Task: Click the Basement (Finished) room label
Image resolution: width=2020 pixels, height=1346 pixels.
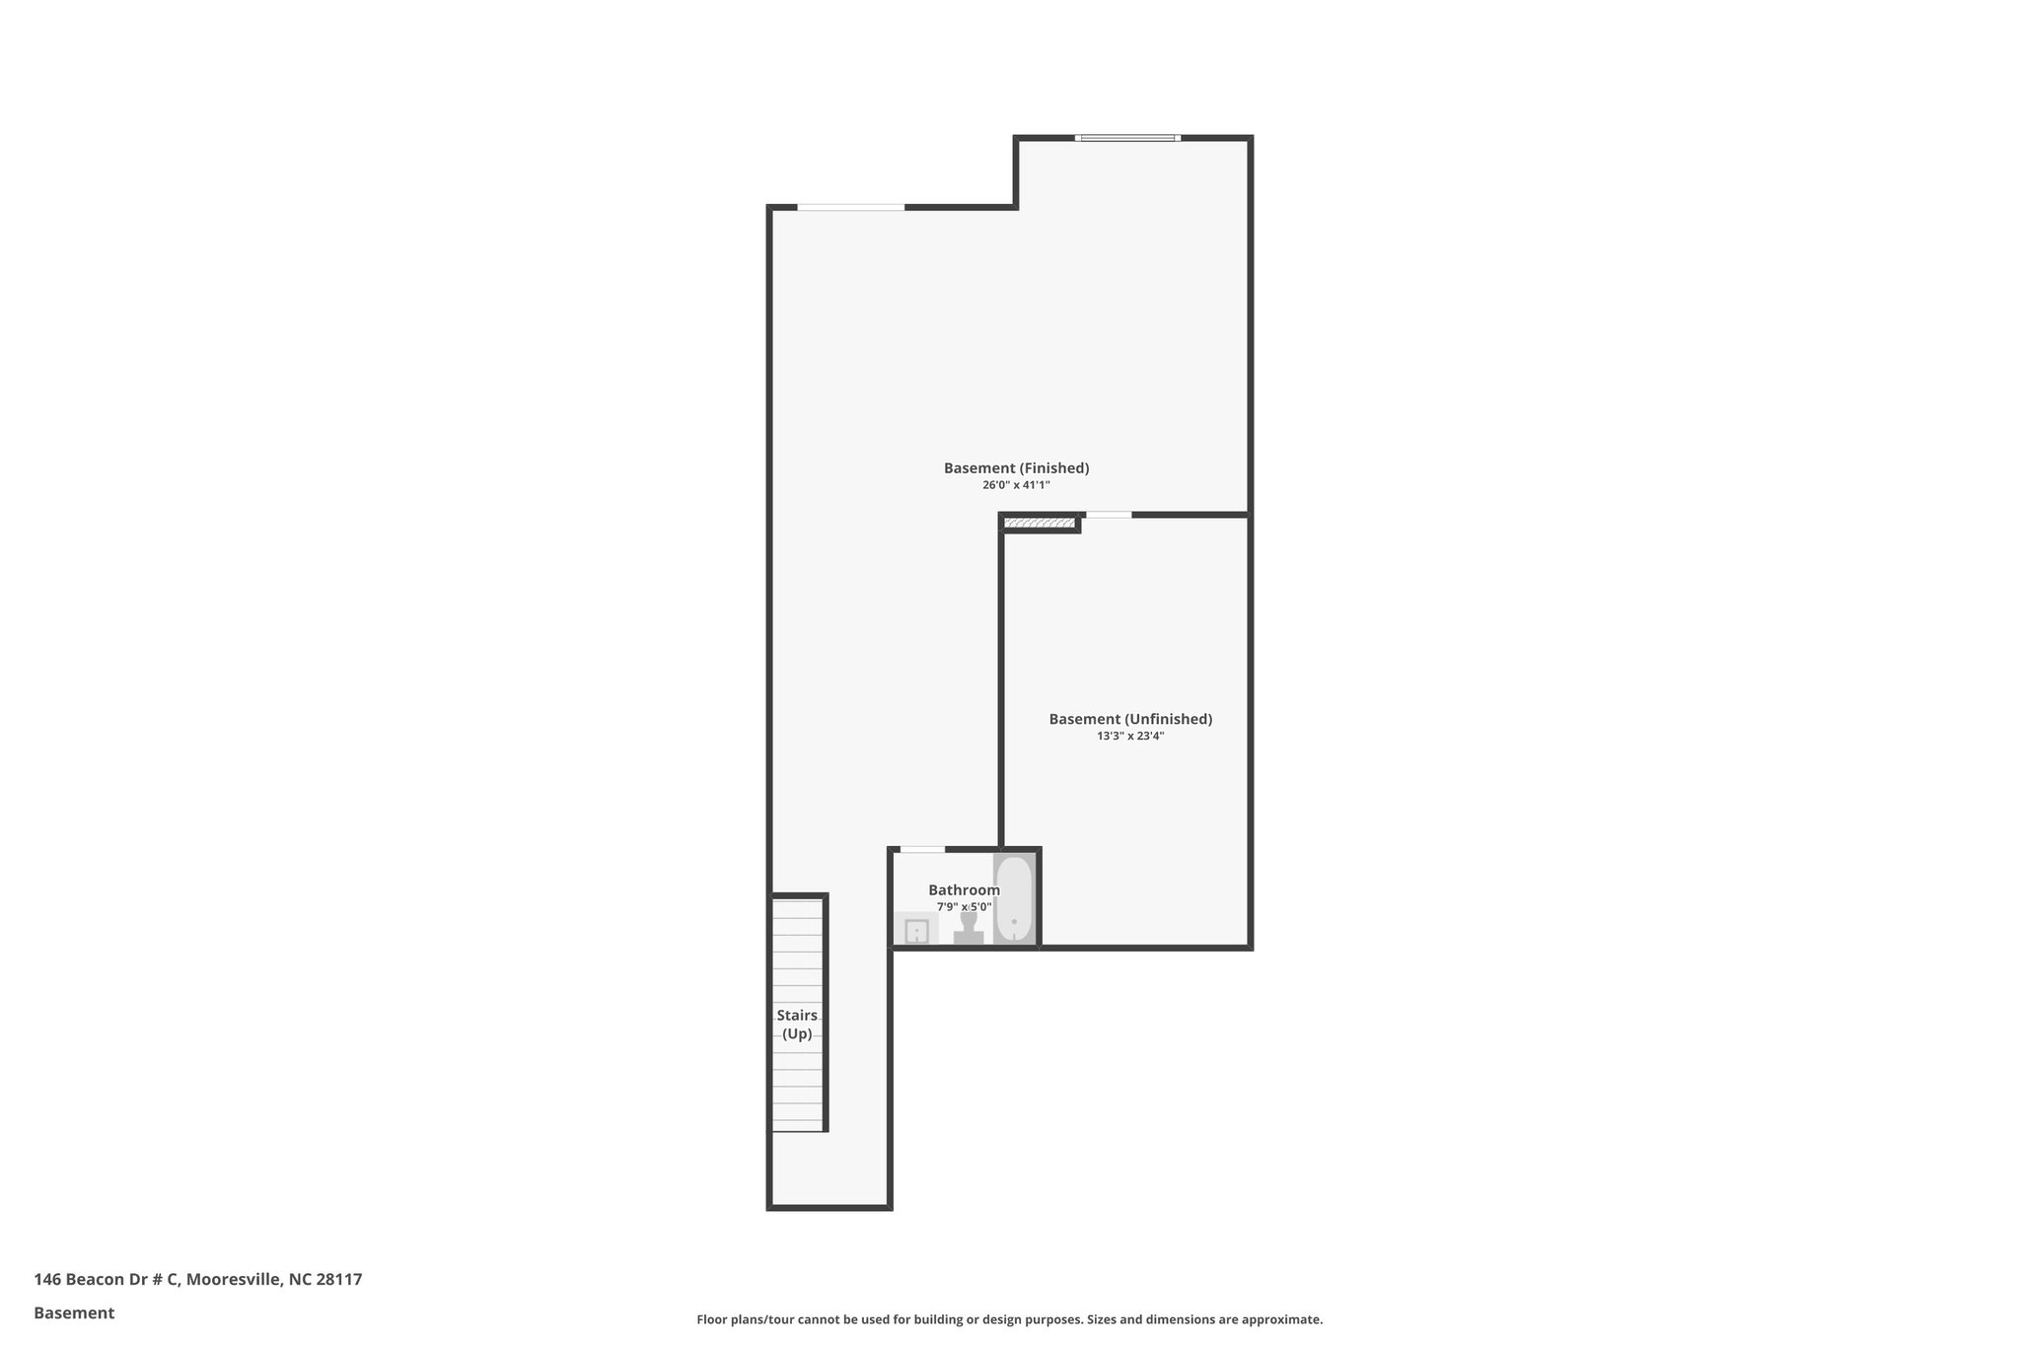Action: click(x=1016, y=468)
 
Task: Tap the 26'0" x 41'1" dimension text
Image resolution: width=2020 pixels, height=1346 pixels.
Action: click(x=1016, y=485)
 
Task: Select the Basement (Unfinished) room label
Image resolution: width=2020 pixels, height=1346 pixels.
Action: click(x=1130, y=719)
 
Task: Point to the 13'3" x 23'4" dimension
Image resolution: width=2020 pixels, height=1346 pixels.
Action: click(x=1130, y=736)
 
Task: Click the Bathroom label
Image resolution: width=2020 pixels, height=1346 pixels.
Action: click(x=964, y=890)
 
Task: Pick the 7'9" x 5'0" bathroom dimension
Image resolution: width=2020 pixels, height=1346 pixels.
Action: click(x=964, y=907)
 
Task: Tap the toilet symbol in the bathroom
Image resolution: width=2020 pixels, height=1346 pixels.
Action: click(x=969, y=928)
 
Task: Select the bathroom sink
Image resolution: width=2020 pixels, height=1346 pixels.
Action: click(x=916, y=931)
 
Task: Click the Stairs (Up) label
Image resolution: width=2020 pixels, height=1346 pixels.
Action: click(x=797, y=1025)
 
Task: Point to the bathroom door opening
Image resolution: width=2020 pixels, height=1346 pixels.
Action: click(x=922, y=849)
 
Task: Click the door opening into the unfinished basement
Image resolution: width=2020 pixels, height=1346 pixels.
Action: click(x=1109, y=515)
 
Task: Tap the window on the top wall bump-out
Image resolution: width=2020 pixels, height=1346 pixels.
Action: click(x=1127, y=138)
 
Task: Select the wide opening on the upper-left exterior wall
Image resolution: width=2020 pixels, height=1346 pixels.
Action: click(x=850, y=207)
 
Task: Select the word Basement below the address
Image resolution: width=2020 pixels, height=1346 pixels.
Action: click(x=74, y=1313)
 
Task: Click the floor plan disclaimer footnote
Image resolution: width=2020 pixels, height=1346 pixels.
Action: click(x=1009, y=1319)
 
